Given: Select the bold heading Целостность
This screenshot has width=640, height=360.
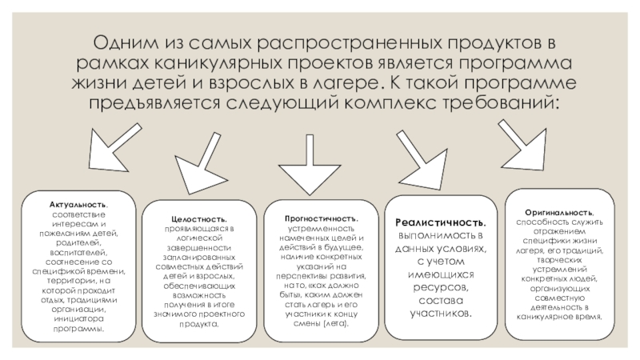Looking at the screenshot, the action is (198, 218).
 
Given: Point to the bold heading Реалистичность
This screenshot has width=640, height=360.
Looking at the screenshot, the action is (442, 222).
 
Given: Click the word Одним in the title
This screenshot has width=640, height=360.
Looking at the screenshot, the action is (129, 42).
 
